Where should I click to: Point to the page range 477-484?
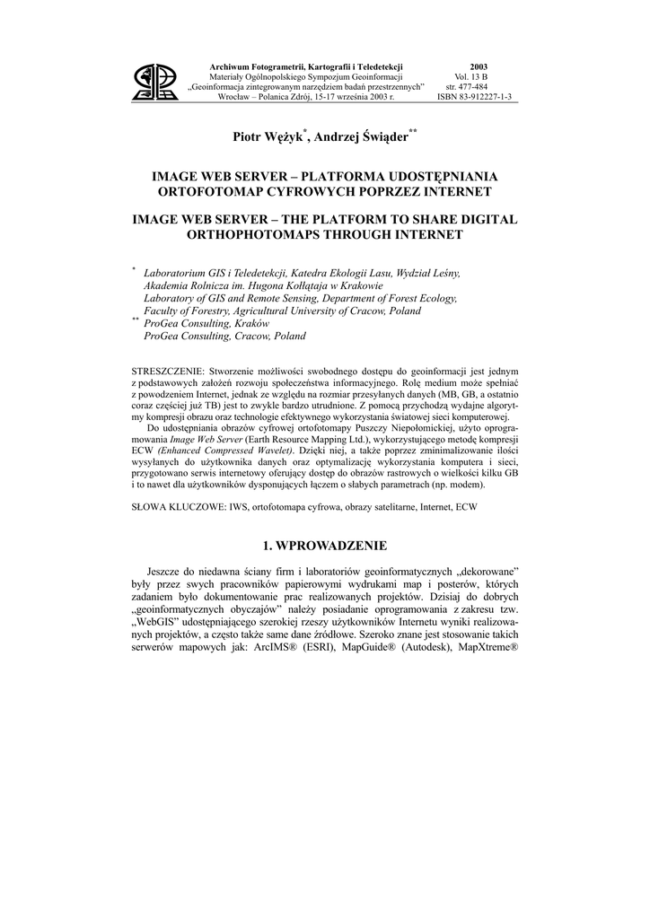(480, 87)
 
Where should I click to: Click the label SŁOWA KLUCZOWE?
(176, 507)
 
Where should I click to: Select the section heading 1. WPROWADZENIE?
(324, 546)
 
